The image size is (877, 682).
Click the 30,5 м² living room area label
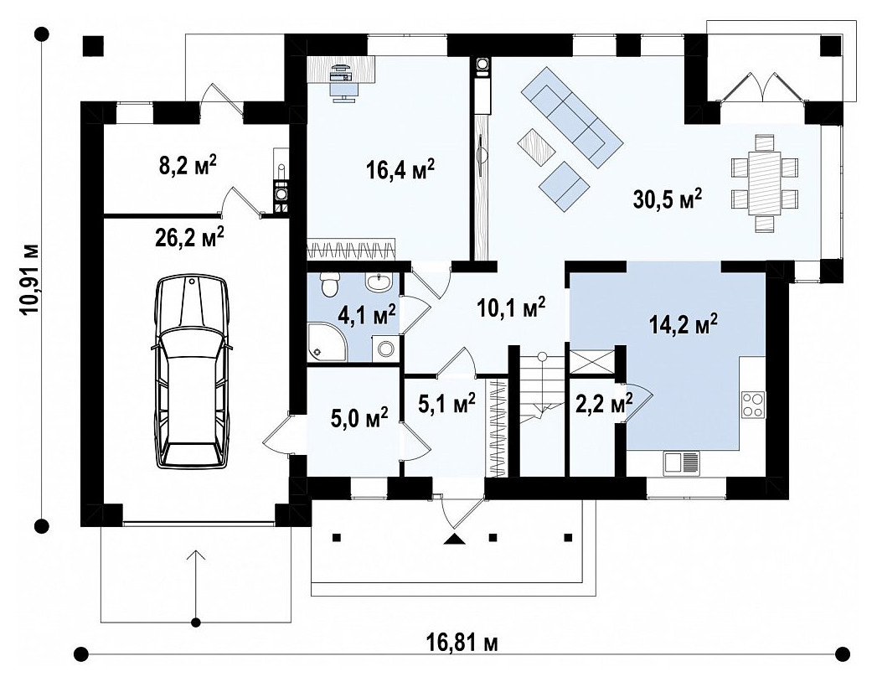click(x=668, y=199)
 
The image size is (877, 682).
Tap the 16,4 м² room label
click(x=400, y=169)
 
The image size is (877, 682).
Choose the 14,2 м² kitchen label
click(x=684, y=323)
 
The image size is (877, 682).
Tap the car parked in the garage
click(x=192, y=373)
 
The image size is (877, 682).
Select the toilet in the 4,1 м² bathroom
click(x=331, y=283)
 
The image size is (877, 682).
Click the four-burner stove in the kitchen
click(x=753, y=404)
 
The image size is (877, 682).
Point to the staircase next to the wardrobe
click(x=541, y=411)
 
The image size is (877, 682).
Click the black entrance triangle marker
click(x=455, y=539)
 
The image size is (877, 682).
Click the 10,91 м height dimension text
click(x=31, y=280)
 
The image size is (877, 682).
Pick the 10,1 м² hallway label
click(x=511, y=307)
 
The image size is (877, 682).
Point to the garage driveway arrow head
click(x=196, y=554)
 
